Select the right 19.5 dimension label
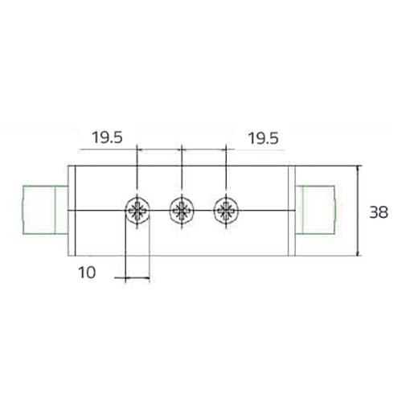(x=263, y=138)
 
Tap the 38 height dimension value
(x=379, y=213)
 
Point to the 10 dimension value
(x=88, y=272)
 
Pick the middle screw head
(x=182, y=211)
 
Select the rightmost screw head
(x=225, y=211)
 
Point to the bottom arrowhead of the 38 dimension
(x=356, y=252)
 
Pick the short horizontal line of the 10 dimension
(x=133, y=278)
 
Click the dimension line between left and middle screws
(x=160, y=149)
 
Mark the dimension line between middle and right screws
(x=203, y=149)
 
